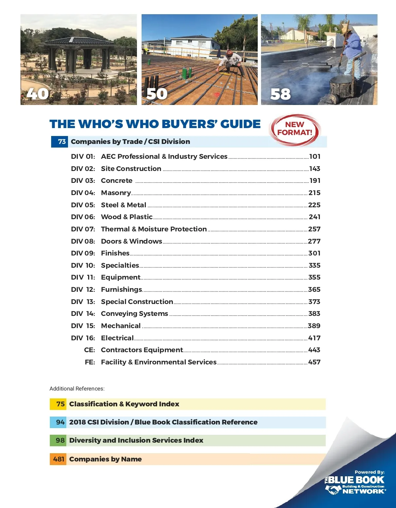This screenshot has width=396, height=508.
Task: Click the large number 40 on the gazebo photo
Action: pos(38,94)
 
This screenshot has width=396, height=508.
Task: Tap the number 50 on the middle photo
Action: pos(157,94)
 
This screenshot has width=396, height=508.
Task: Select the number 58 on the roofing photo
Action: pos(280,94)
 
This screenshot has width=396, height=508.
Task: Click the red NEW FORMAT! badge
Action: pos(295,129)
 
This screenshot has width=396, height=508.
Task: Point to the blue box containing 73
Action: pos(59,142)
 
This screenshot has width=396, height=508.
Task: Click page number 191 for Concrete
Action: pos(315,181)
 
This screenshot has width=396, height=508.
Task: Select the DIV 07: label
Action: pos(83,229)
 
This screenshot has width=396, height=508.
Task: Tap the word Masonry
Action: pos(116,193)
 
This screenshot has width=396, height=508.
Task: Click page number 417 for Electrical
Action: pos(314,338)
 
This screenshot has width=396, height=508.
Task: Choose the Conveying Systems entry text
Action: pos(134,314)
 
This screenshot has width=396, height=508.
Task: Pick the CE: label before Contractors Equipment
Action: pos(89,350)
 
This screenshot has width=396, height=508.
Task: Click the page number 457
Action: pos(314,362)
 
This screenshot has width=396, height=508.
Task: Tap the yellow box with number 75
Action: pos(58,404)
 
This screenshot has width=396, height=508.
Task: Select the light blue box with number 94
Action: pos(58,422)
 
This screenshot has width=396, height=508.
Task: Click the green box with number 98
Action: pos(58,440)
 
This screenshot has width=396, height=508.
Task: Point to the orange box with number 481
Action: pos(58,459)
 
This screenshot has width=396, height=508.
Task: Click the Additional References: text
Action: pos(77,389)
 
